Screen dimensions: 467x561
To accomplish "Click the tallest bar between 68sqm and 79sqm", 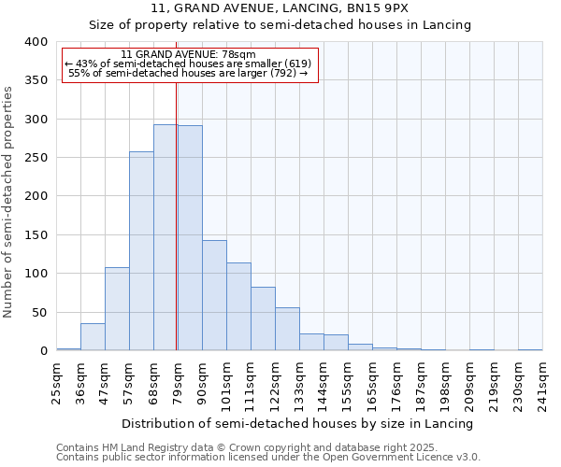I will tap(165, 237).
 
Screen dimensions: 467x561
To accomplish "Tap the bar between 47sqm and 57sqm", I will tap(117, 309).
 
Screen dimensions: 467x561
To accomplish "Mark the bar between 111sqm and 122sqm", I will tap(263, 318).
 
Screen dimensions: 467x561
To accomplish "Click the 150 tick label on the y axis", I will tap(36, 234).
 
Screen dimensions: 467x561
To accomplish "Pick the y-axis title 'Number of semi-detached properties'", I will tap(8, 202).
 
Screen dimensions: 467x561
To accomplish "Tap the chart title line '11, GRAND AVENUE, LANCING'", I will tap(280, 8).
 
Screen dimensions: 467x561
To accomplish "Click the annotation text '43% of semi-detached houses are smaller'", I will tap(190, 64).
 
